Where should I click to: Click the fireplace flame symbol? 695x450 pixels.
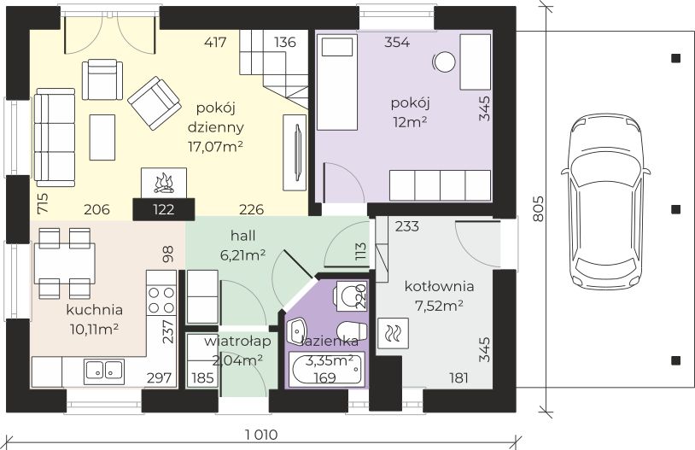click(x=164, y=184)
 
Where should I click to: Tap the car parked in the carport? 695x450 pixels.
click(x=605, y=205)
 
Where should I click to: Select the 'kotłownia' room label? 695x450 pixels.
click(x=439, y=286)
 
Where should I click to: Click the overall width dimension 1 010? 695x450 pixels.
click(x=262, y=435)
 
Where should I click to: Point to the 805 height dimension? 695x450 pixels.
click(x=537, y=208)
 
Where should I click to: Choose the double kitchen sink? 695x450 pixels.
click(x=104, y=370)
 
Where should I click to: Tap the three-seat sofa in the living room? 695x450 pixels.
click(x=55, y=137)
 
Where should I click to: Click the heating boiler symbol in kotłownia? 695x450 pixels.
click(x=393, y=332)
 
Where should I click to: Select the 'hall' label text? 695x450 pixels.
click(x=242, y=236)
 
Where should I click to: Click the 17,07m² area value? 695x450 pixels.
click(x=215, y=147)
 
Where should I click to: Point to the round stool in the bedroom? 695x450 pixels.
click(x=444, y=62)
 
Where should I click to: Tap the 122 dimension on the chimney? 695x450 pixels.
click(x=164, y=209)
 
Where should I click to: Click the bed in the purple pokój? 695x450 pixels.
click(x=337, y=83)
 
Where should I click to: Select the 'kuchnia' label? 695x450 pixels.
click(x=94, y=310)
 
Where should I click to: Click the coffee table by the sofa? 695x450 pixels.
click(x=102, y=137)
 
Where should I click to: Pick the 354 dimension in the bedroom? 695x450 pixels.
click(x=397, y=42)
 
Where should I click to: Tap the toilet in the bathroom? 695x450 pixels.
click(x=351, y=330)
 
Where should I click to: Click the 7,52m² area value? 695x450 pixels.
click(x=439, y=306)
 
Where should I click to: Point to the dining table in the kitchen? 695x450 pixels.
click(x=65, y=263)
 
